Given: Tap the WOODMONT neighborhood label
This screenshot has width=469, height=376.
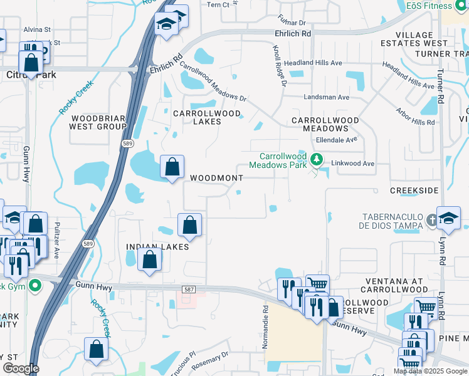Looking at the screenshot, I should point(216,178).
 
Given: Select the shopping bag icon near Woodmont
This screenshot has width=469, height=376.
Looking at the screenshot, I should point(172,168).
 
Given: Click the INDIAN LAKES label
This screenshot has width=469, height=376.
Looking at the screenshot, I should point(157,247).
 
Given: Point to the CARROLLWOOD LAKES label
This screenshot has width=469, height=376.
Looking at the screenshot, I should point(207,117).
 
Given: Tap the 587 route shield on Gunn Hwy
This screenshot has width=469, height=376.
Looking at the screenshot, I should point(189,290).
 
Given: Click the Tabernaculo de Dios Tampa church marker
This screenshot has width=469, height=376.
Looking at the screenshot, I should point(431,220).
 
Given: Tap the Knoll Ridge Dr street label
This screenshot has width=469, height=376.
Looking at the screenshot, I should point(279,66).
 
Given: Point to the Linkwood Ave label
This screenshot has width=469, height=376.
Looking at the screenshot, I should point(352,164).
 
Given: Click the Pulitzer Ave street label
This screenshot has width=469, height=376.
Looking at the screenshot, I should point(56,240).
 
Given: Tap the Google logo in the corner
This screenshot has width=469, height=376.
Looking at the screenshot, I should point(21,368).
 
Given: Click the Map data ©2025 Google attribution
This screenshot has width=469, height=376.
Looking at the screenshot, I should point(430,371).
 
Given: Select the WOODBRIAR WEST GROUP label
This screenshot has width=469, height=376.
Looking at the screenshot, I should point(99,122).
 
